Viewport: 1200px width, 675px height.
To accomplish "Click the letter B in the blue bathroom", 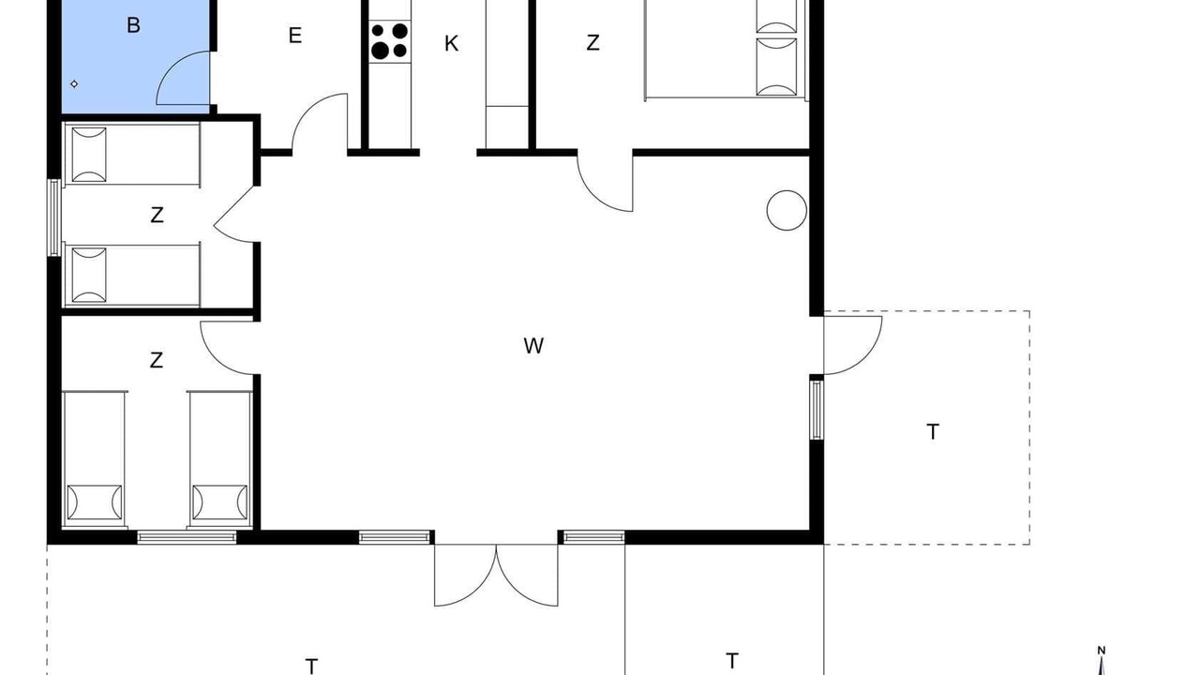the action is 133,25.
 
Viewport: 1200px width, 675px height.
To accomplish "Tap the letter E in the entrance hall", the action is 294,36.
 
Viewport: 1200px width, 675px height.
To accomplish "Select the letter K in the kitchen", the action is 451,43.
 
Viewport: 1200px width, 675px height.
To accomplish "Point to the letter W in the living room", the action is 533,346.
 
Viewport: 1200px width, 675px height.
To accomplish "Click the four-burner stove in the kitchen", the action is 389,41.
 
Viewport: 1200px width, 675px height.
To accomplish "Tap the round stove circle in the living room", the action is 787,211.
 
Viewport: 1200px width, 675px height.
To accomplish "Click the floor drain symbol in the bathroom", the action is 74,84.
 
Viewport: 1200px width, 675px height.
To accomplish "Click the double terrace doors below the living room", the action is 496,576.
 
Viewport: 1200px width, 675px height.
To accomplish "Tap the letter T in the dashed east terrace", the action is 933,432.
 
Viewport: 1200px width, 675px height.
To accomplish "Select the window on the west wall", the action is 54,217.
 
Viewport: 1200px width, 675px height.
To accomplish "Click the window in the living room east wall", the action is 816,410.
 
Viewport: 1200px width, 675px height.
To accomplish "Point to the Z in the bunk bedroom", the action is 157,216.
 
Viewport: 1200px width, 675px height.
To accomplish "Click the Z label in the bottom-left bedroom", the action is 156,360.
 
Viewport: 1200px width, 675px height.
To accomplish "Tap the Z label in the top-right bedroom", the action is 592,43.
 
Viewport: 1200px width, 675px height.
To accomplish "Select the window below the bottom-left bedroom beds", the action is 187,537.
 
